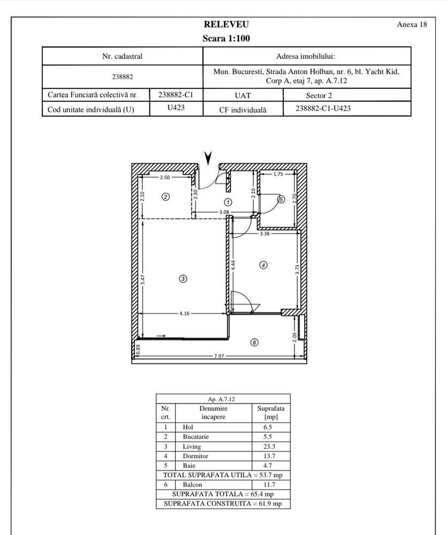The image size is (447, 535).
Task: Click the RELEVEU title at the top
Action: click(x=226, y=25)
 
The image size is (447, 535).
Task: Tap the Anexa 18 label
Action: click(x=412, y=25)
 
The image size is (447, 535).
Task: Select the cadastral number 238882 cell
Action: click(x=122, y=77)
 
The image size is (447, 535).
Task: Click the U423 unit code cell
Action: click(x=177, y=109)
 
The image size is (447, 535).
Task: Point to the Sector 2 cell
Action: click(x=320, y=96)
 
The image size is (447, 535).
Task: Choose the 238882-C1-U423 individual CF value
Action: click(x=323, y=109)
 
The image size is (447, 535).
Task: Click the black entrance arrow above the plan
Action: click(x=208, y=157)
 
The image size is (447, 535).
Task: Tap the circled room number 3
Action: click(x=183, y=278)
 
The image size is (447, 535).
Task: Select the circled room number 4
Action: click(x=263, y=264)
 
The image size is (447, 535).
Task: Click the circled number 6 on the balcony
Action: click(x=254, y=342)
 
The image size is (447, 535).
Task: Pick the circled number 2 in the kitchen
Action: click(x=166, y=197)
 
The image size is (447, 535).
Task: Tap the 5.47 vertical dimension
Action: click(x=142, y=279)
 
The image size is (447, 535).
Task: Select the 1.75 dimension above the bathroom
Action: click(x=278, y=174)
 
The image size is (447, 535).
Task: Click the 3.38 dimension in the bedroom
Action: click(x=264, y=234)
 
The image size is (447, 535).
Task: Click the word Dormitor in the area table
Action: click(x=195, y=456)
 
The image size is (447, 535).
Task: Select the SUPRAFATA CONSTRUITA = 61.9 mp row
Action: click(x=223, y=504)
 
